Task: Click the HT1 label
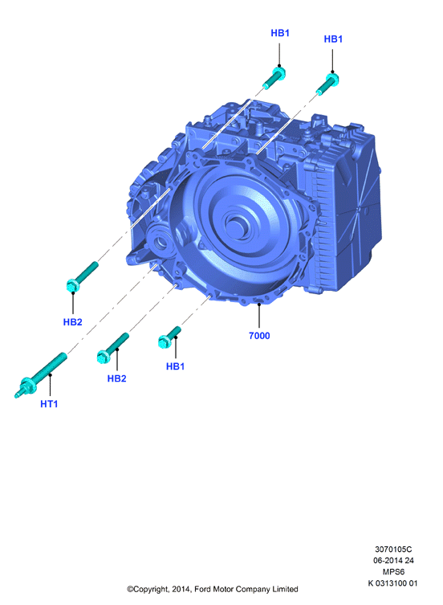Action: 49,403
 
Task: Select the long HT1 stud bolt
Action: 41,374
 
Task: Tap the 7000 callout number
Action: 259,336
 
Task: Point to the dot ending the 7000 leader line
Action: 259,305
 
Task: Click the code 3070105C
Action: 393,549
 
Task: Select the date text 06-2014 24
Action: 393,560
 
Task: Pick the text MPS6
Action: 393,572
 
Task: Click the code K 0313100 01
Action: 392,583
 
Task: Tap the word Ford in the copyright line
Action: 202,589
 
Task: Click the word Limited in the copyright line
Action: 285,589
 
